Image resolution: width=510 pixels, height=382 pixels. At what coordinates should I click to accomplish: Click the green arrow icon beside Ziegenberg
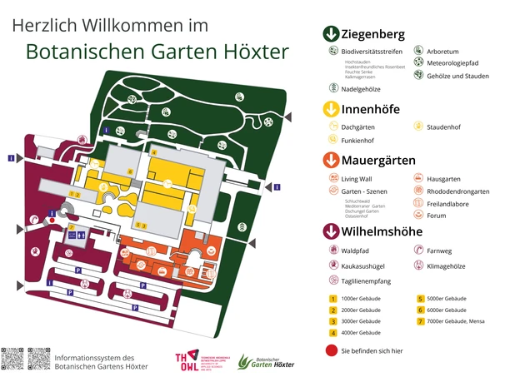[x=331, y=34]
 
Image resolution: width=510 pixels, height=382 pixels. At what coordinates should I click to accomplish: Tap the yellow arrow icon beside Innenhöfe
[x=331, y=109]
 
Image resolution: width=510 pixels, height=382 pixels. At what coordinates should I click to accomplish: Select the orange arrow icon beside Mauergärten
[x=331, y=160]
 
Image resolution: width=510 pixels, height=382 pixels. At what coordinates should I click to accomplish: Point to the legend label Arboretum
[x=442, y=51]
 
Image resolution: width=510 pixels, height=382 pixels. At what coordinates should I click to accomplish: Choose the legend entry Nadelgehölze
[x=360, y=87]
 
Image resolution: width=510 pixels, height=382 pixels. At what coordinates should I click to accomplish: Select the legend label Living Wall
[x=360, y=179]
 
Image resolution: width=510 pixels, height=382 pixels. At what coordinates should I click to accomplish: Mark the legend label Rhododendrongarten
[x=457, y=191]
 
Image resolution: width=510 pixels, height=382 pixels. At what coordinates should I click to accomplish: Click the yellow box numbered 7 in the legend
[x=421, y=320]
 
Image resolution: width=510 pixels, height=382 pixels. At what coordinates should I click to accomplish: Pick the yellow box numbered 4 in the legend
[x=332, y=332]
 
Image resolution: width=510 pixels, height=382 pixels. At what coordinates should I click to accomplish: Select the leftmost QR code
[x=12, y=358]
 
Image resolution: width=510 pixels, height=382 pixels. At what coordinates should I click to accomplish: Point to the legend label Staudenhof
[x=443, y=127]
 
